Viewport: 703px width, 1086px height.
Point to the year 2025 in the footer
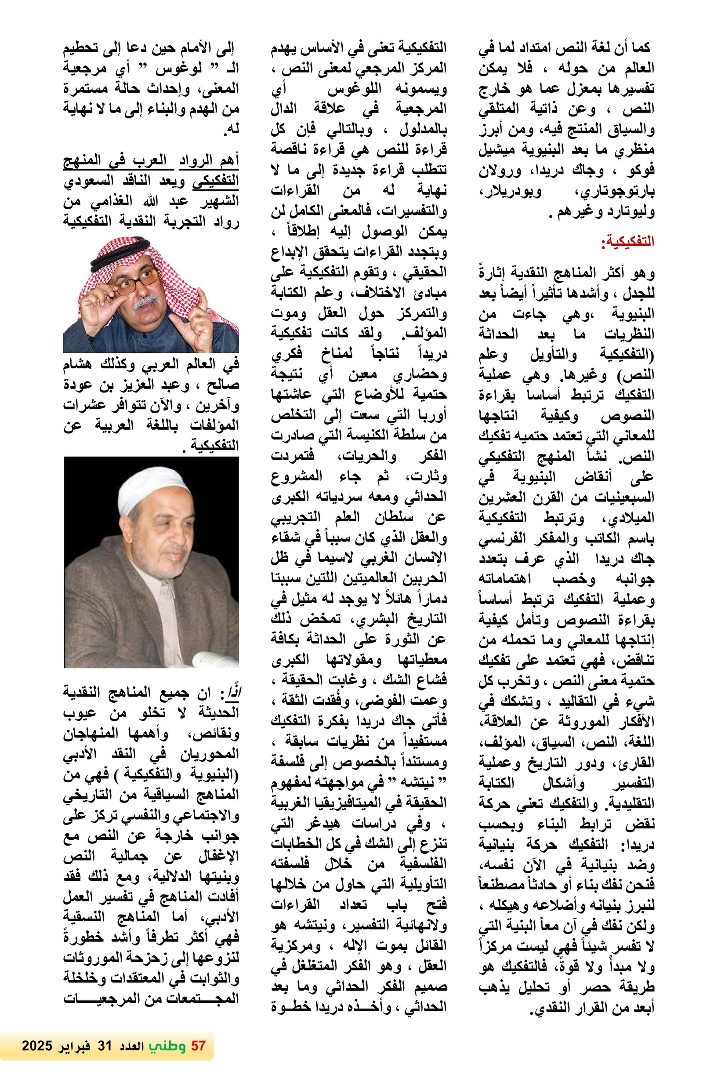[x=38, y=1046]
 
